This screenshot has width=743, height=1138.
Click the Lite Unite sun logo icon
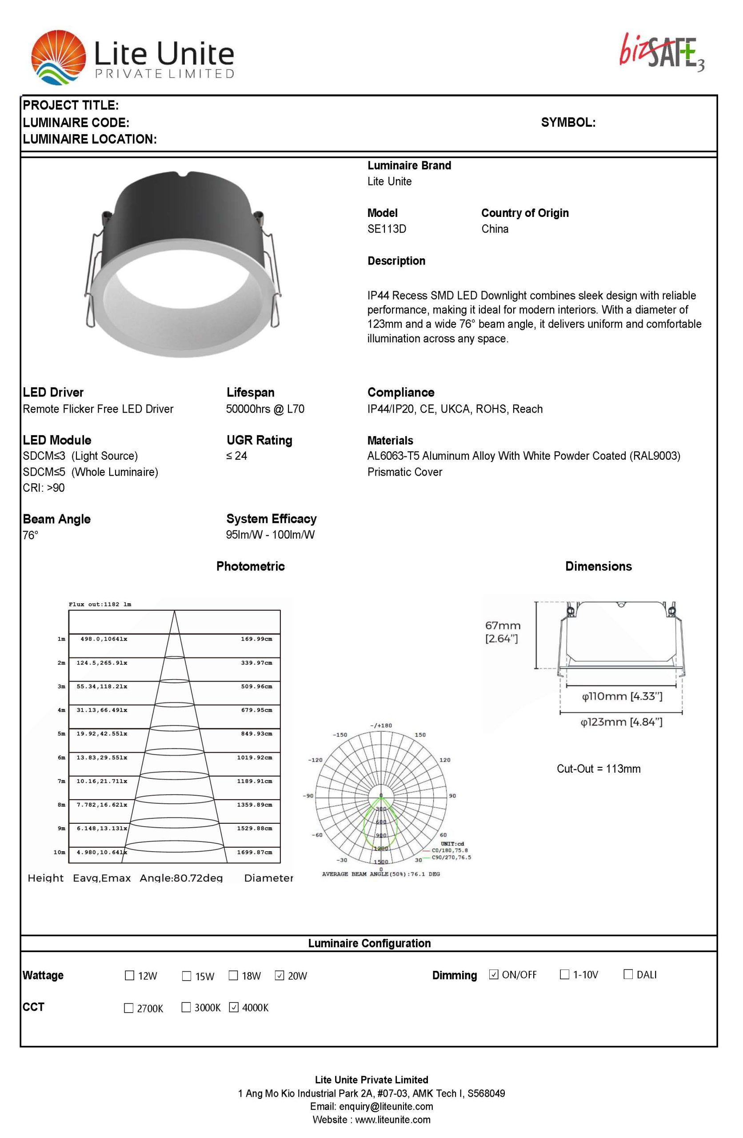click(x=58, y=57)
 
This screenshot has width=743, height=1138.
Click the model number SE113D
click(x=386, y=229)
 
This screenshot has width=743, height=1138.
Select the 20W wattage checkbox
click(x=280, y=975)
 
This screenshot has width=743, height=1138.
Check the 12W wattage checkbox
click(x=129, y=975)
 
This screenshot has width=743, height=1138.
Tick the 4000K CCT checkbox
click(x=234, y=1007)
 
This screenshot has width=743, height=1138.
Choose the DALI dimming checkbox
click(x=628, y=974)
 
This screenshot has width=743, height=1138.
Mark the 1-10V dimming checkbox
click(x=565, y=974)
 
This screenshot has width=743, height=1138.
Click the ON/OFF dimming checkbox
click(x=494, y=974)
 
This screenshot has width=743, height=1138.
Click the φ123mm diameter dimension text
click(x=621, y=722)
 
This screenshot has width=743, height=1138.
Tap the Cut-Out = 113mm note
click(x=598, y=769)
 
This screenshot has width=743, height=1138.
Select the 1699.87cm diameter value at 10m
click(x=254, y=853)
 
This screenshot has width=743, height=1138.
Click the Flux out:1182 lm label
click(x=100, y=605)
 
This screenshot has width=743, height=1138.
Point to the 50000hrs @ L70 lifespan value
click(x=265, y=409)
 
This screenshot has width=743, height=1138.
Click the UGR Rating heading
click(x=259, y=441)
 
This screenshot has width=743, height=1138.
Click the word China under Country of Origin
click(x=495, y=229)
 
